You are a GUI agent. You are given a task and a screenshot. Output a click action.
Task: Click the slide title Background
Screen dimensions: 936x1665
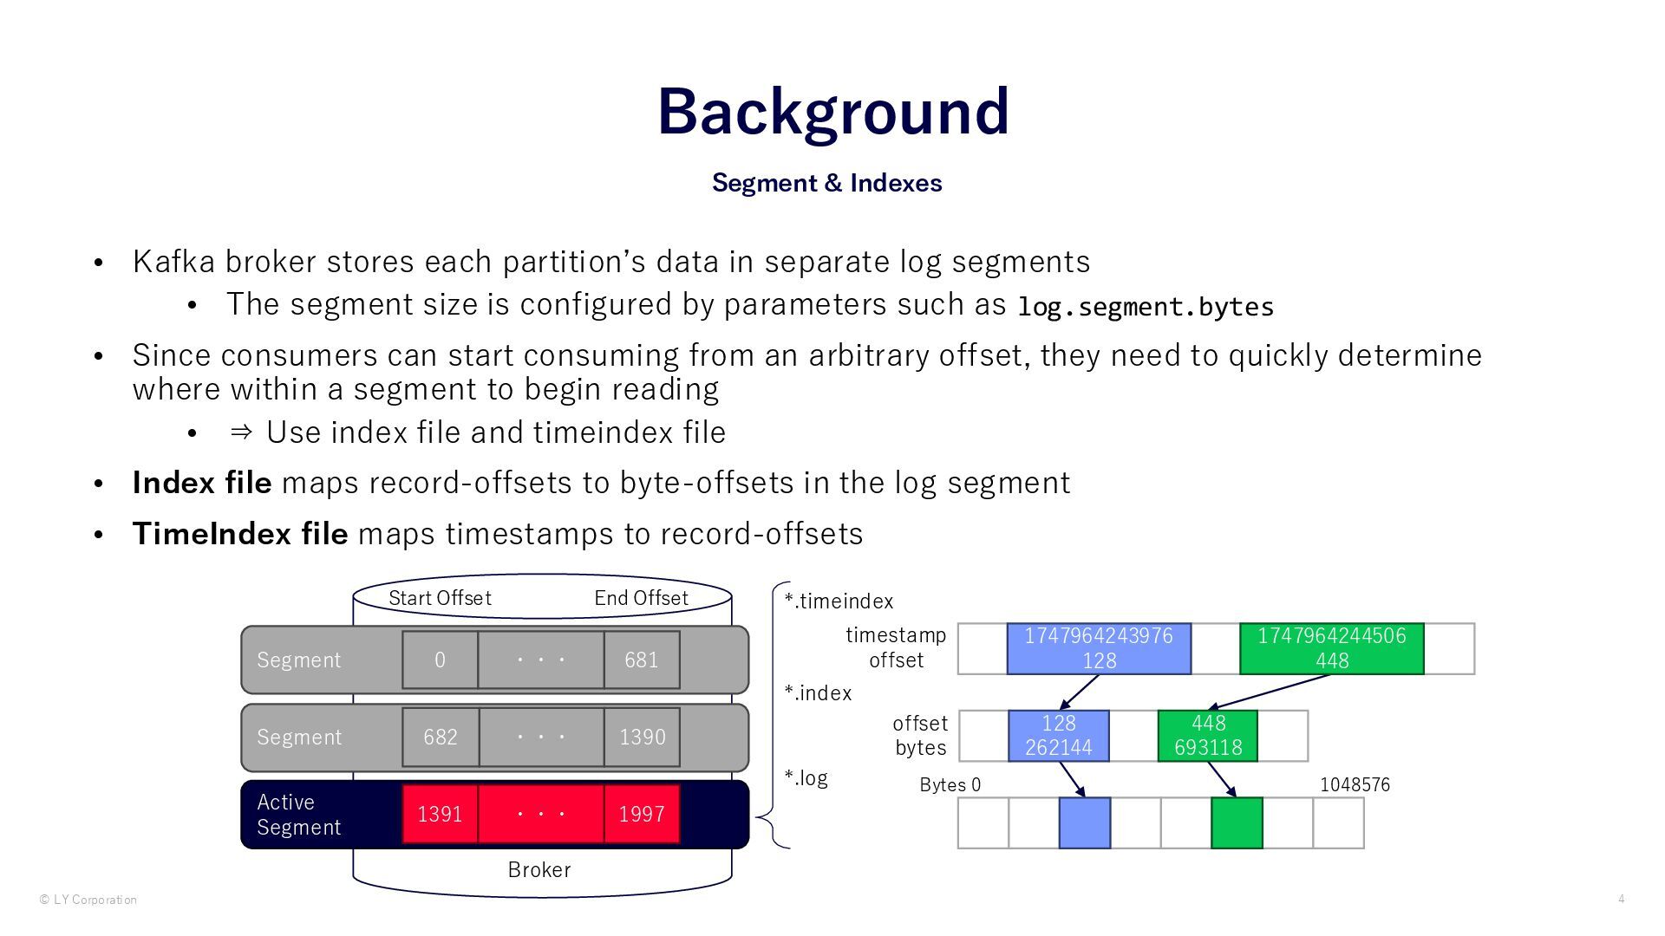pyautogui.click(x=832, y=111)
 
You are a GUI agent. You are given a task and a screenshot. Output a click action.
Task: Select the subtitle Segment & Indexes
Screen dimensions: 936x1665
pyautogui.click(x=826, y=183)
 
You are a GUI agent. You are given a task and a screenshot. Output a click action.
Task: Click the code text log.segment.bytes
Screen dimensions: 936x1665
pyautogui.click(x=1145, y=307)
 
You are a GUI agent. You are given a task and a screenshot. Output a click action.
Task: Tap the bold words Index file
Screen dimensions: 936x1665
pyautogui.click(x=201, y=483)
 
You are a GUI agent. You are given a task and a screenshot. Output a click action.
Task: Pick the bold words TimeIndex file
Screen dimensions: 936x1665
pyautogui.click(x=239, y=534)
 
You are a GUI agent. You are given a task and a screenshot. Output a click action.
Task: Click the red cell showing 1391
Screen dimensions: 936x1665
pyautogui.click(x=440, y=814)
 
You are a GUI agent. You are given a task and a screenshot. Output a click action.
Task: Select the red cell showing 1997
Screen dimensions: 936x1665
pyautogui.click(x=642, y=814)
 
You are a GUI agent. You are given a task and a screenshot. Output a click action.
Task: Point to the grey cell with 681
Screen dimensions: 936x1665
pyautogui.click(x=642, y=660)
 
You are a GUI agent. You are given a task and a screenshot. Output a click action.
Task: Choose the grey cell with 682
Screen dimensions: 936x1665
pyautogui.click(x=440, y=737)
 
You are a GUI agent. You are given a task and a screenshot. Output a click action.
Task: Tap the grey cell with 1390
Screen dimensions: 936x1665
pyautogui.click(x=642, y=737)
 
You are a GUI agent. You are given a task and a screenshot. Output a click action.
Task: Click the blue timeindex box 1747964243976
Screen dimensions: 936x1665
pyautogui.click(x=1099, y=648)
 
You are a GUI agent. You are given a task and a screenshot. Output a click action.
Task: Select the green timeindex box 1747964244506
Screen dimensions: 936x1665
pyautogui.click(x=1331, y=648)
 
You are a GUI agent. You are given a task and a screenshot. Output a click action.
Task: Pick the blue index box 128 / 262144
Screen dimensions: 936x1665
pyautogui.click(x=1058, y=736)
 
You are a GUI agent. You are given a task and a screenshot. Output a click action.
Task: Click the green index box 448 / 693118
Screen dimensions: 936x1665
pyautogui.click(x=1207, y=736)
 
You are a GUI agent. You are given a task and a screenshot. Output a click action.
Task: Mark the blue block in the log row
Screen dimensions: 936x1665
pyautogui.click(x=1084, y=822)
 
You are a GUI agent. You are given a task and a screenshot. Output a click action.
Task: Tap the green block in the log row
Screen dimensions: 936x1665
pyautogui.click(x=1237, y=822)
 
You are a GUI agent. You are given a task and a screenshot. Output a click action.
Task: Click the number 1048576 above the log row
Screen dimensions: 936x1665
pyautogui.click(x=1355, y=785)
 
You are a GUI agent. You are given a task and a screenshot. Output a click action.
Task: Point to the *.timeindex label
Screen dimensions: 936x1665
pyautogui.click(x=839, y=601)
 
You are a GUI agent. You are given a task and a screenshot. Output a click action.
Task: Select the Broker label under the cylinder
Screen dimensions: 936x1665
pyautogui.click(x=539, y=870)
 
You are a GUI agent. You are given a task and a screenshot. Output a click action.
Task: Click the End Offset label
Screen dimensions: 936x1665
pyautogui.click(x=641, y=598)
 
